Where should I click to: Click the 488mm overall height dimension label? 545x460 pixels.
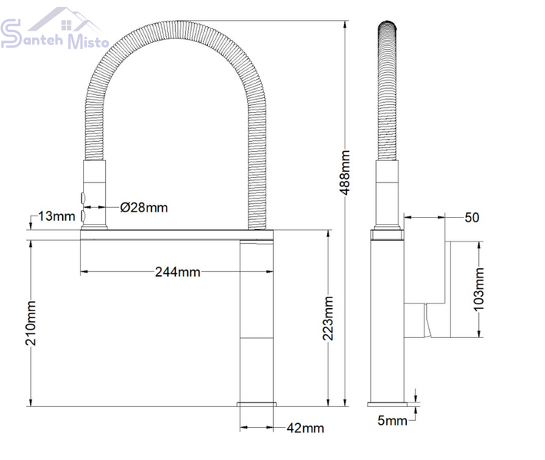345,172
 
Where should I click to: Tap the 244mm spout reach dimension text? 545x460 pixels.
177,272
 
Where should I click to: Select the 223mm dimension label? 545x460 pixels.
328,318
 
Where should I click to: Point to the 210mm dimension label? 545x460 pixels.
31,324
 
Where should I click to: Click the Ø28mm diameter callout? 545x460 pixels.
144,208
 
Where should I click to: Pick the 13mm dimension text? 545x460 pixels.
56,216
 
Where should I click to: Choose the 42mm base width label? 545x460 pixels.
306,428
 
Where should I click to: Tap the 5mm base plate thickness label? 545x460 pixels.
392,421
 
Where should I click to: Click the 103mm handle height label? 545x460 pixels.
479,290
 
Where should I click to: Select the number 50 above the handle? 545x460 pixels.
471,218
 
